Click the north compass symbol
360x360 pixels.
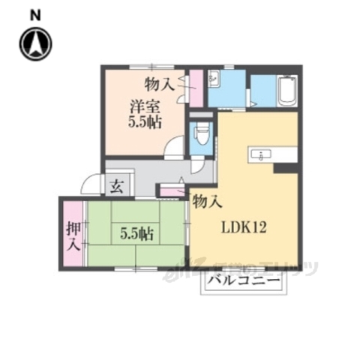pyautogui.click(x=36, y=43)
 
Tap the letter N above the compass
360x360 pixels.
pyautogui.click(x=36, y=14)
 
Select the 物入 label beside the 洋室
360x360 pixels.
pyautogui.click(x=160, y=83)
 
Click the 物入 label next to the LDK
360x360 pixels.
pyautogui.click(x=207, y=200)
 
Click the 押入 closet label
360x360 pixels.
pyautogui.click(x=73, y=234)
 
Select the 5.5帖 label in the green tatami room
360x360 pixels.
pyautogui.click(x=137, y=234)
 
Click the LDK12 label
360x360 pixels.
pyautogui.click(x=244, y=228)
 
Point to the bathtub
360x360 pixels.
pyautogui.click(x=287, y=93)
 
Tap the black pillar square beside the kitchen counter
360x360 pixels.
pyautogui.click(x=283, y=168)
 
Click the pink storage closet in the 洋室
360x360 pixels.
pyautogui.click(x=195, y=88)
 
